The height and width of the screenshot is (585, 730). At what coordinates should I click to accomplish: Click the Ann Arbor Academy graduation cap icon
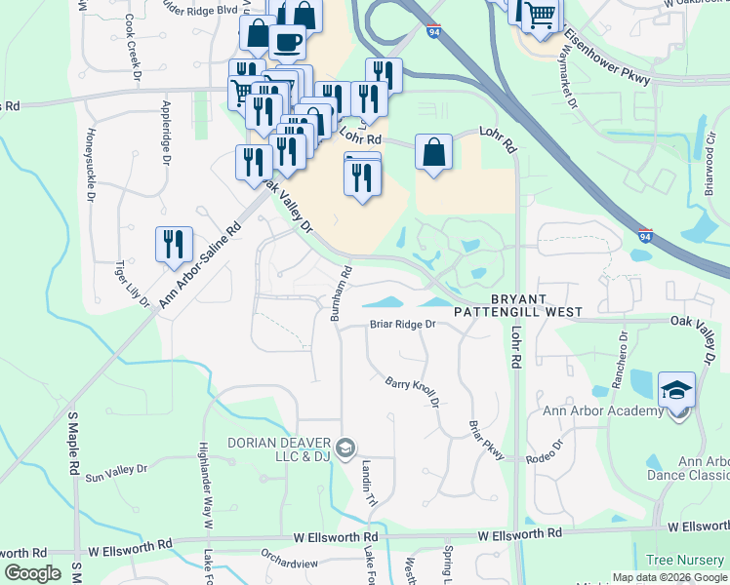[x=677, y=391]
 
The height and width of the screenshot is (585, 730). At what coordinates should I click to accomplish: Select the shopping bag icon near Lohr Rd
[x=433, y=153]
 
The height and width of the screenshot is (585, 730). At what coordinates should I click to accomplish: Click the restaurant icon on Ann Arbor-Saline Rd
[x=174, y=245]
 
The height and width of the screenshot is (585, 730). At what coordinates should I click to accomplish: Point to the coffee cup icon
[x=287, y=43]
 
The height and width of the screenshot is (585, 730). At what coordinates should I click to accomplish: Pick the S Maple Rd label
[x=73, y=444]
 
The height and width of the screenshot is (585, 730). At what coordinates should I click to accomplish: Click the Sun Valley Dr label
[x=116, y=473]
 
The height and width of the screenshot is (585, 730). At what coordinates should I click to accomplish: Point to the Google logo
[x=32, y=573]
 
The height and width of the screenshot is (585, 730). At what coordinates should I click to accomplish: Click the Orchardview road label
[x=289, y=564]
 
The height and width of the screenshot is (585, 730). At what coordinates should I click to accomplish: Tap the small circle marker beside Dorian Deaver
[x=344, y=448]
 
